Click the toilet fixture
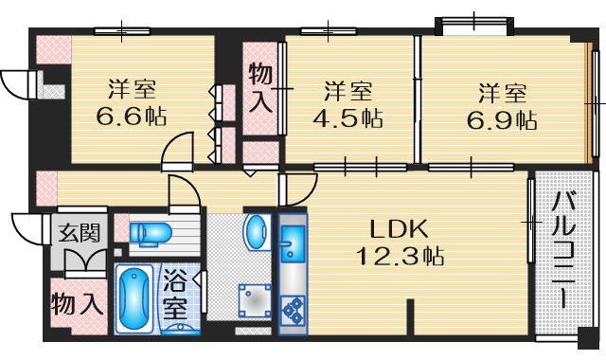(149, 232)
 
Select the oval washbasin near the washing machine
(256, 231)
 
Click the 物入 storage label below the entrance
(75, 305)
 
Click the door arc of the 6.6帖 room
(175, 150)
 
